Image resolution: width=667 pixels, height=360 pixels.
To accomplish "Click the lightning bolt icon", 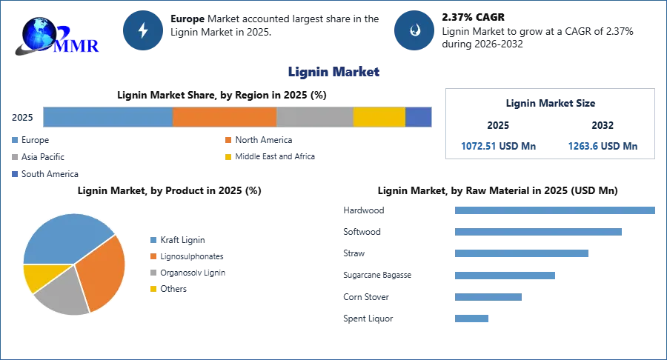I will [x=143, y=30].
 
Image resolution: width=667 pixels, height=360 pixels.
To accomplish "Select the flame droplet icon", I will [x=414, y=30].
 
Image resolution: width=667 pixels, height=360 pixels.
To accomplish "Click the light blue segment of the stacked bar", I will [x=107, y=117].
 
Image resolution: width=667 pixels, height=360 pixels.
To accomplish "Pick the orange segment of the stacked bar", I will [x=225, y=117].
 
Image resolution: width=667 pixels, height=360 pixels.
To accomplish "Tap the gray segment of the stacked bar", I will [x=315, y=117].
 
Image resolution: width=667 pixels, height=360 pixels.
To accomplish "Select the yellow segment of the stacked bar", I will [x=379, y=117].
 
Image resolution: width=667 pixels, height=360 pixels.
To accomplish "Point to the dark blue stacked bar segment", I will [x=419, y=117].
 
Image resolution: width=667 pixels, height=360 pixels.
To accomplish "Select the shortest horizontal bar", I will [x=471, y=319].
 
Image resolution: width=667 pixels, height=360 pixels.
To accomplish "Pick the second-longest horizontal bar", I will [x=537, y=232].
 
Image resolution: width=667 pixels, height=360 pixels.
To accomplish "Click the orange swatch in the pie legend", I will [x=153, y=256].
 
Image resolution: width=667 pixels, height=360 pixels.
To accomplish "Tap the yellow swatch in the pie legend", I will [x=153, y=290].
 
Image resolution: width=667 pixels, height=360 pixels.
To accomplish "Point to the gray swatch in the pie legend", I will [x=153, y=273].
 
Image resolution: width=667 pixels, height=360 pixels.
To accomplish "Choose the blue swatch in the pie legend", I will [x=153, y=239].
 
